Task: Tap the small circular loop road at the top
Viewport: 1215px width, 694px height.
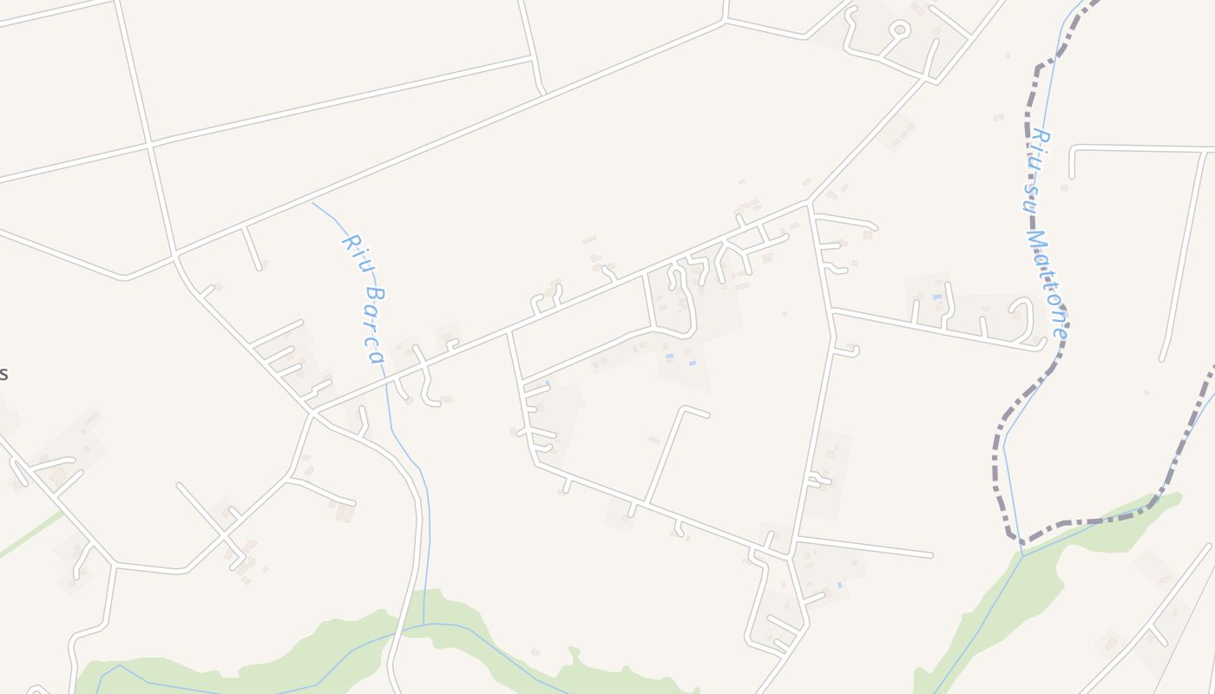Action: pyautogui.click(x=900, y=30)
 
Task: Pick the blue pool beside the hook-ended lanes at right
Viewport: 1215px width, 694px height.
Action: pyautogui.click(x=936, y=298)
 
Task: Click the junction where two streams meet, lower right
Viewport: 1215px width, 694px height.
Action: pyautogui.click(x=1022, y=555)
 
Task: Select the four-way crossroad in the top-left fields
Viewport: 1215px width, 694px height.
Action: pyautogui.click(x=149, y=144)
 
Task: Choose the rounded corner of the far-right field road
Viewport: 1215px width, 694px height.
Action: pyautogui.click(x=1074, y=150)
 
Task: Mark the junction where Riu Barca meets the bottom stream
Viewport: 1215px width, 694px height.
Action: pyautogui.click(x=424, y=624)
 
